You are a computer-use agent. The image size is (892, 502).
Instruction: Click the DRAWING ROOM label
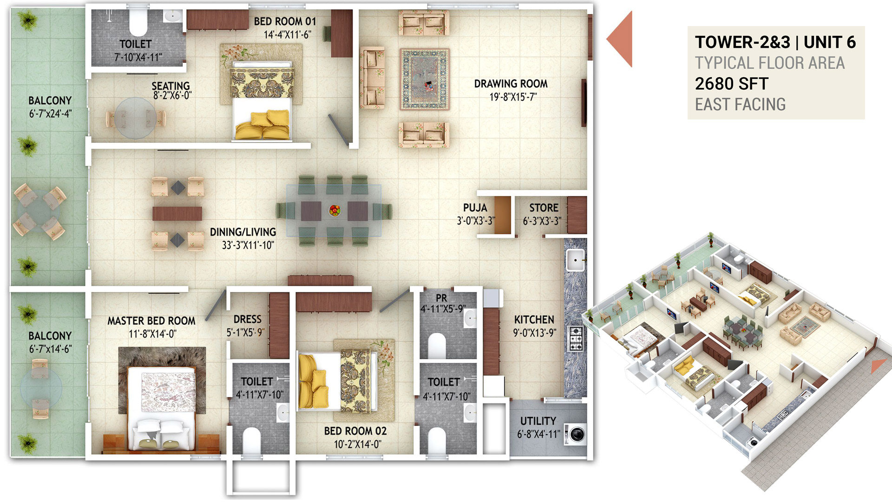pyautogui.click(x=511, y=84)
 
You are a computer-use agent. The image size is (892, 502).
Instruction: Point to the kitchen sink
pyautogui.click(x=575, y=260)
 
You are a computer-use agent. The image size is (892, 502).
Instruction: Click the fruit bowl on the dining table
pyautogui.click(x=334, y=210)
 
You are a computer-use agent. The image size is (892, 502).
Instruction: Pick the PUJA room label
pyautogui.click(x=475, y=208)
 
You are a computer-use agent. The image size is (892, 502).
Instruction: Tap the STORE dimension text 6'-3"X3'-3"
pyautogui.click(x=542, y=221)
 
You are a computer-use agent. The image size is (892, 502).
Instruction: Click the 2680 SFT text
pyautogui.click(x=732, y=84)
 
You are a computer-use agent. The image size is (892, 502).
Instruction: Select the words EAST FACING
pyautogui.click(x=740, y=105)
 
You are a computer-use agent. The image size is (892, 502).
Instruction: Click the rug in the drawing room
pyautogui.click(x=425, y=79)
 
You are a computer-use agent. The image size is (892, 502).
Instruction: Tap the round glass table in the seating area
pyautogui.click(x=135, y=118)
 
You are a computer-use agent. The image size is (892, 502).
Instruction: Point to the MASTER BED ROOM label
pyautogui.click(x=151, y=321)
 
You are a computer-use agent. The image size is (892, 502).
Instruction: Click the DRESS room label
pyautogui.click(x=248, y=319)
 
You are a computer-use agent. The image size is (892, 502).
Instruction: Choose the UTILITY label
pyautogui.click(x=538, y=421)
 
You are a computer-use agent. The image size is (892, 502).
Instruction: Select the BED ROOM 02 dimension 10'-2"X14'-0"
pyautogui.click(x=358, y=444)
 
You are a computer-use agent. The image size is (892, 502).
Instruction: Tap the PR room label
pyautogui.click(x=441, y=298)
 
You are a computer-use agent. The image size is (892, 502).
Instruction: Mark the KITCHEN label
pyautogui.click(x=534, y=320)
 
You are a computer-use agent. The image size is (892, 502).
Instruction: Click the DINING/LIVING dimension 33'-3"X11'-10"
pyautogui.click(x=248, y=245)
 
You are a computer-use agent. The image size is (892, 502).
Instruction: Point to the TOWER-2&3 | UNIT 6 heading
pyautogui.click(x=775, y=42)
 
